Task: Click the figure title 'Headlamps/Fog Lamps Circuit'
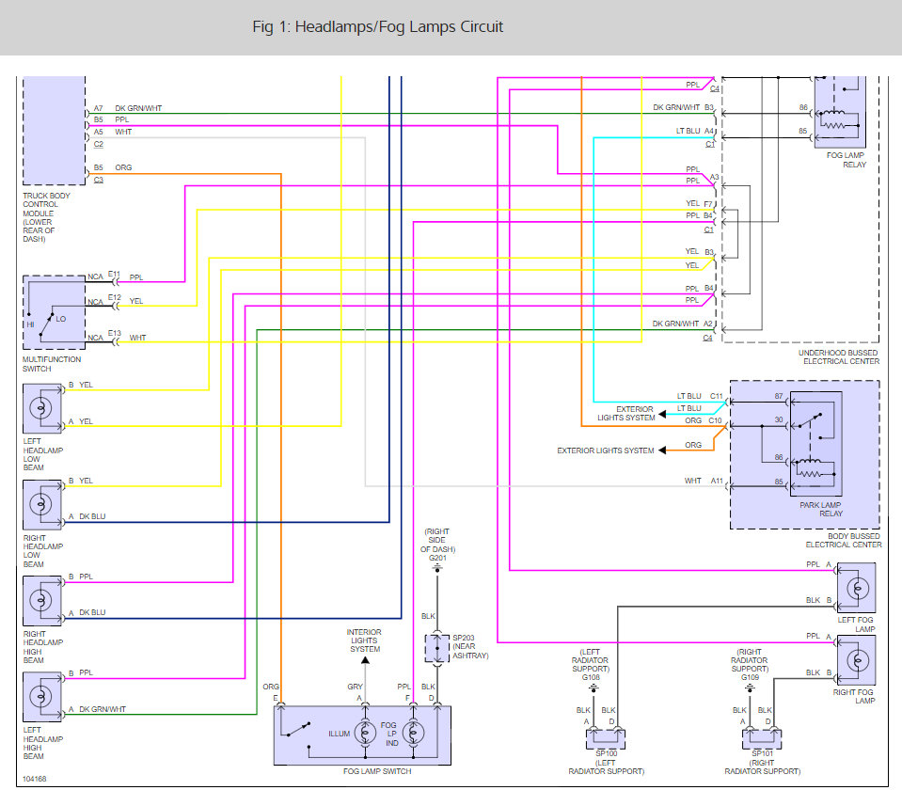(x=399, y=27)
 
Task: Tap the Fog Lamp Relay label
(x=846, y=160)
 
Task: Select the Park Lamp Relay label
(x=821, y=509)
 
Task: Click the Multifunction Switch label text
(x=52, y=364)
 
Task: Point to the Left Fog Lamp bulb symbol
(x=857, y=588)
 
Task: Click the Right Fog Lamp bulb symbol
(x=857, y=660)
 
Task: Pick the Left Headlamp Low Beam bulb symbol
(x=40, y=408)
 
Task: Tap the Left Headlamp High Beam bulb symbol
(x=40, y=697)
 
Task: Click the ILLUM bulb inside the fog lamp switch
(x=365, y=733)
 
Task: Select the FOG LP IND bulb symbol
(x=413, y=733)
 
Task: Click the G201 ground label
(x=437, y=558)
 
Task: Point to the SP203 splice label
(x=463, y=638)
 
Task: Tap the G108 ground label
(x=591, y=677)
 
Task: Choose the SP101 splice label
(x=762, y=753)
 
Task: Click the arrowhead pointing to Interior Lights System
(x=365, y=660)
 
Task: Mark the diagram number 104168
(x=34, y=779)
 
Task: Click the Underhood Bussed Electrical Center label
(x=839, y=356)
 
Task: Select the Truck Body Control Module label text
(x=46, y=217)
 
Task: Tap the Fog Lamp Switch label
(x=377, y=771)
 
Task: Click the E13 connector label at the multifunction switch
(x=115, y=333)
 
